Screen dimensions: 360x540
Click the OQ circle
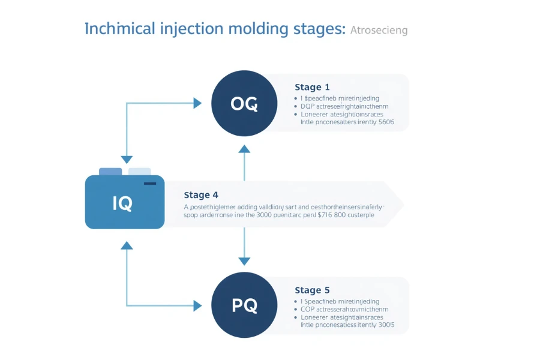pyautogui.click(x=244, y=104)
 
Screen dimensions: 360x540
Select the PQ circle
pyautogui.click(x=244, y=305)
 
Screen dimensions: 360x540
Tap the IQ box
pyautogui.click(x=125, y=203)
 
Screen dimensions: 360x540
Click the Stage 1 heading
pyautogui.click(x=312, y=88)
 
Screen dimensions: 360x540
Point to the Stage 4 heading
pyautogui.click(x=200, y=195)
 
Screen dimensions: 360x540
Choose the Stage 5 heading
pyautogui.click(x=312, y=290)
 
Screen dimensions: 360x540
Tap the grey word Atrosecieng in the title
pyautogui.click(x=379, y=30)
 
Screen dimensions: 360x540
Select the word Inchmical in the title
pyautogui.click(x=117, y=29)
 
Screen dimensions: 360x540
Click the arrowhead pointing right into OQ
pyautogui.click(x=197, y=103)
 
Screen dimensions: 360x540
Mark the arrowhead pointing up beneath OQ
pyautogui.click(x=244, y=149)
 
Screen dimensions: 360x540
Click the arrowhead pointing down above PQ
pyautogui.click(x=244, y=261)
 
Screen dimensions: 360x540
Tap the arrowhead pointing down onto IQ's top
pyautogui.click(x=127, y=160)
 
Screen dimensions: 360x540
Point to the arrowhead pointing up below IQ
pyautogui.click(x=127, y=245)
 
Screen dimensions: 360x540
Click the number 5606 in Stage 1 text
pyautogui.click(x=384, y=122)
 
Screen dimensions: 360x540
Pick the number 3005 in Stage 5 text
pyautogui.click(x=384, y=325)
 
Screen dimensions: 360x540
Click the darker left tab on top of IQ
pyautogui.click(x=110, y=172)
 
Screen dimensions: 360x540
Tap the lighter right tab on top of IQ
pyautogui.click(x=139, y=172)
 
